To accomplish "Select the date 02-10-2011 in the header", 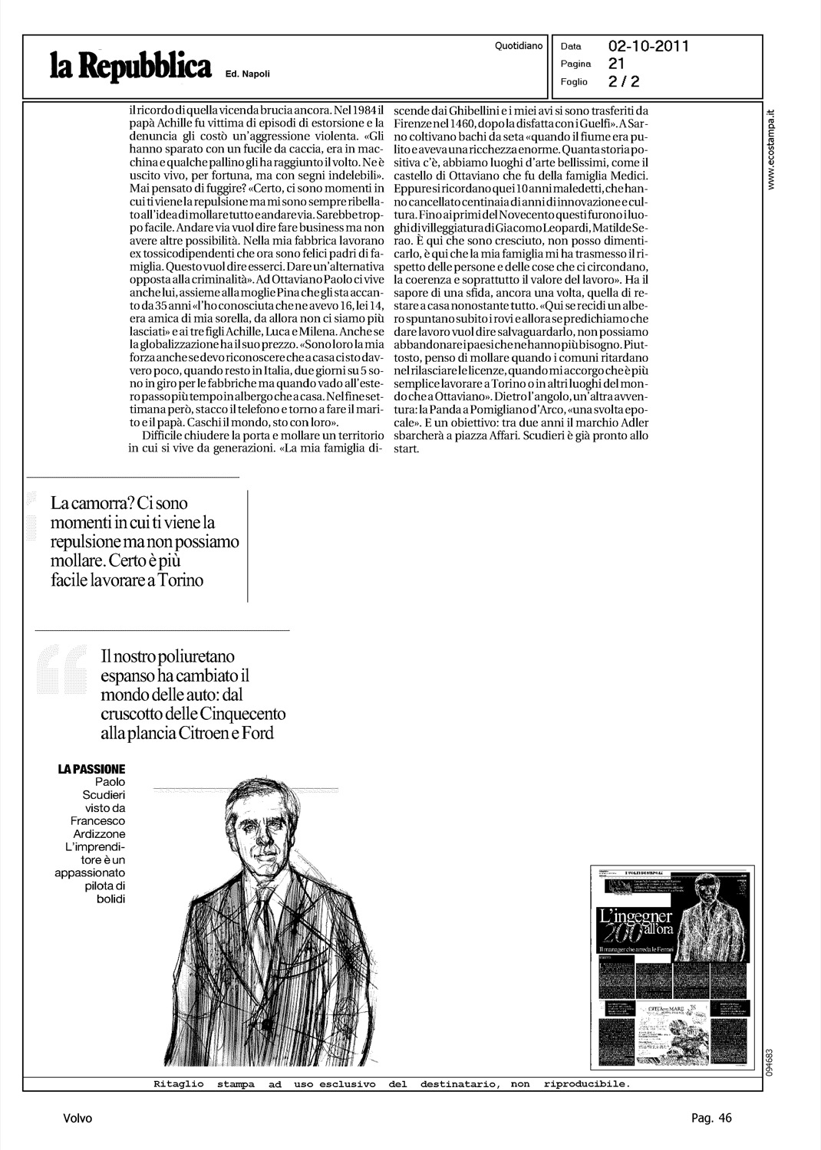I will point(648,46).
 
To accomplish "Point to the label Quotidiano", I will point(519,46).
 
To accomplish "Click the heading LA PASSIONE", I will point(91,769).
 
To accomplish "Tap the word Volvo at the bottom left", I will point(77,1119).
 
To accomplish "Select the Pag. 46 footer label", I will point(711,1118).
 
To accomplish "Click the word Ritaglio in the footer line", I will point(176,1084).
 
